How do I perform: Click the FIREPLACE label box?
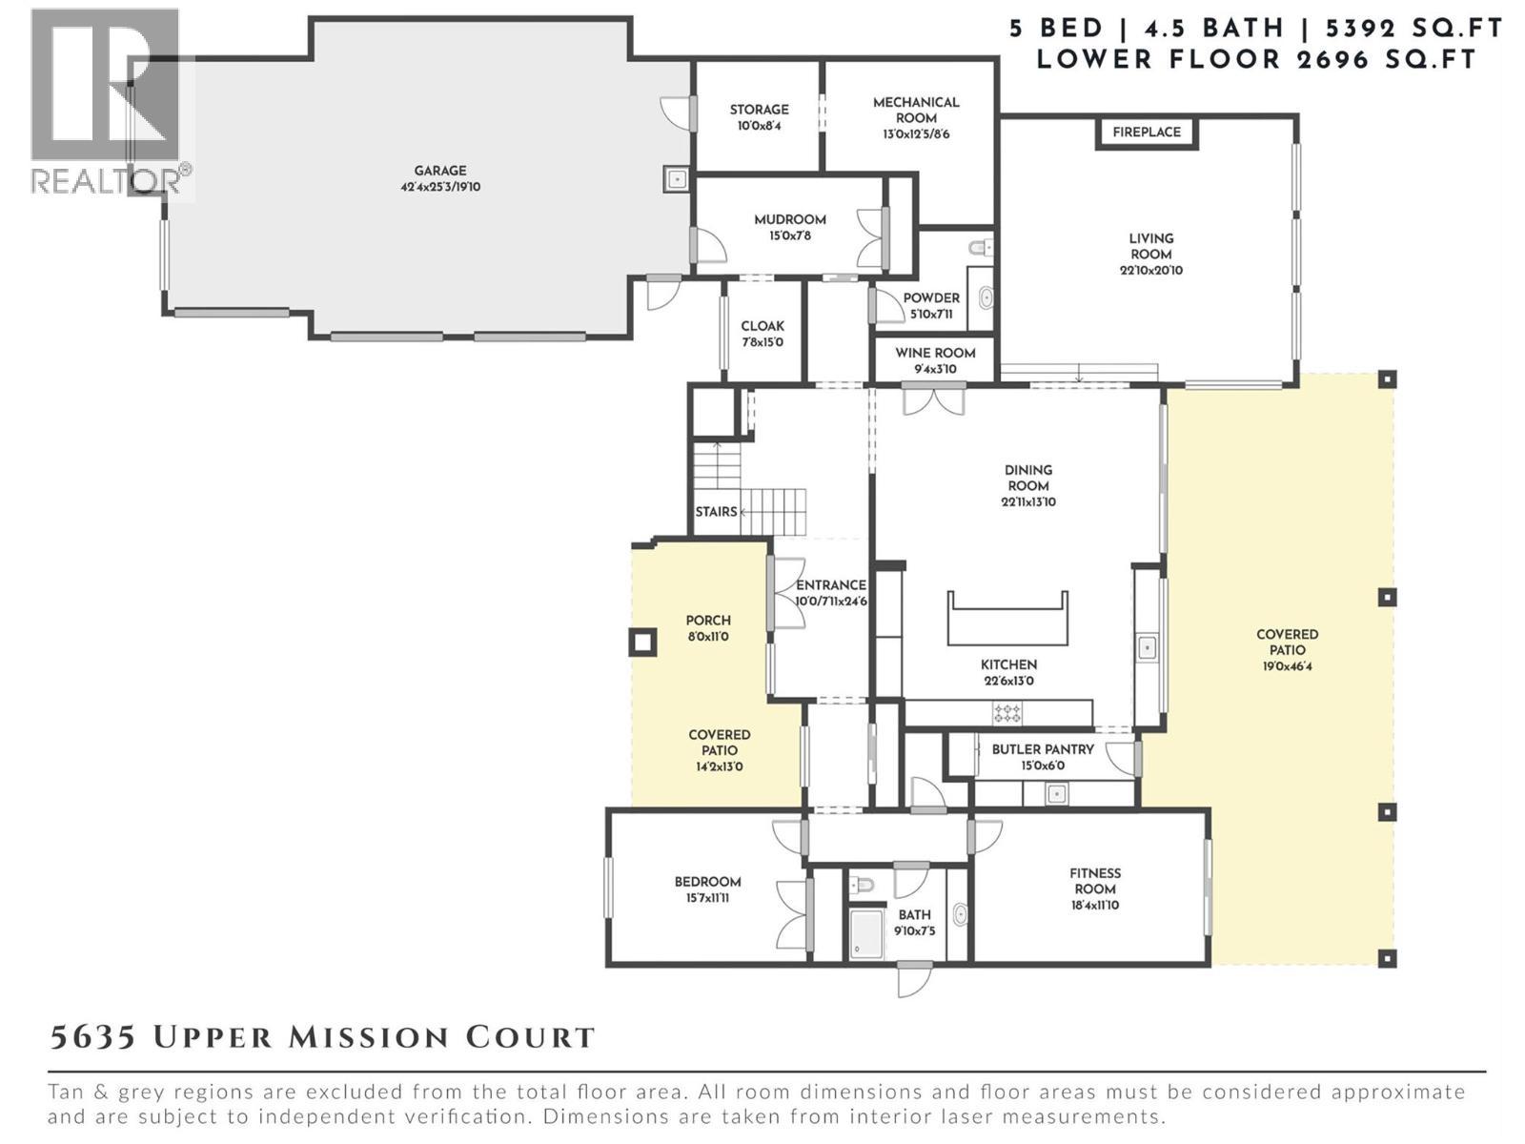click(1147, 133)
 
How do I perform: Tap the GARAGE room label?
click(439, 171)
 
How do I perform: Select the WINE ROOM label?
click(935, 353)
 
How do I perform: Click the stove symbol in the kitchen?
click(1007, 712)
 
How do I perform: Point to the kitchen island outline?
click(1007, 620)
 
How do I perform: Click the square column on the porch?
click(642, 643)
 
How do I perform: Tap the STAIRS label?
click(716, 512)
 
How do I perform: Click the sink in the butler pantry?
click(1055, 792)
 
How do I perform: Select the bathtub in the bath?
click(866, 933)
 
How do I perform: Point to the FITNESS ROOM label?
click(1094, 881)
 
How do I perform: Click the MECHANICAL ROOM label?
click(916, 110)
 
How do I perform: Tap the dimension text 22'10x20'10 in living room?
click(1151, 271)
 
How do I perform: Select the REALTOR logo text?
click(111, 179)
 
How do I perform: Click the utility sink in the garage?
click(677, 178)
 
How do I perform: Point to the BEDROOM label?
click(707, 882)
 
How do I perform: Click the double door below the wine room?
click(934, 398)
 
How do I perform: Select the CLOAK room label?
click(762, 326)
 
